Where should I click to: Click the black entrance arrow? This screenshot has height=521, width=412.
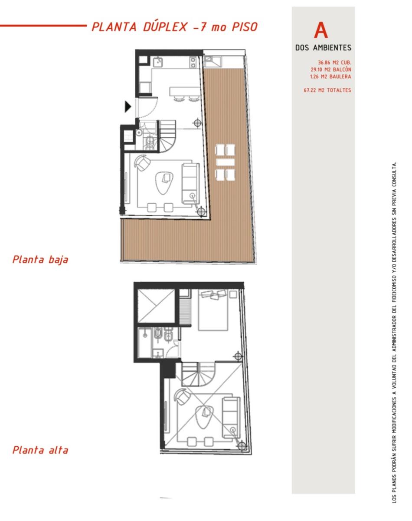(128, 107)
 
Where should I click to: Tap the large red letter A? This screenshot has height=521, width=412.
(321, 30)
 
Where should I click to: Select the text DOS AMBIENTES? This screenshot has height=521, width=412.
(323, 48)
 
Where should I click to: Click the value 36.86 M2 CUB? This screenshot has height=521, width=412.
(334, 63)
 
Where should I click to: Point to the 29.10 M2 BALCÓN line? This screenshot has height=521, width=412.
(331, 70)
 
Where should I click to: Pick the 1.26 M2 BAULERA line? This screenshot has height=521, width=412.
(331, 77)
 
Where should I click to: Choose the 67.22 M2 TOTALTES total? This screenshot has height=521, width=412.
(327, 90)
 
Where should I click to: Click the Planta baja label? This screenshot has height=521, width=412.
(40, 260)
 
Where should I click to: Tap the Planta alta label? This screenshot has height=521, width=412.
(40, 450)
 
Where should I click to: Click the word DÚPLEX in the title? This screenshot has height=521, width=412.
(165, 26)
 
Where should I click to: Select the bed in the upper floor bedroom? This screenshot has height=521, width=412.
(213, 310)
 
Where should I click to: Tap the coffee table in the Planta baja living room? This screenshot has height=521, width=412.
(164, 182)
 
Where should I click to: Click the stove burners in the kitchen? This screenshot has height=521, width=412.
(193, 62)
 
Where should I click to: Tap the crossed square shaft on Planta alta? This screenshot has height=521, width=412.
(156, 306)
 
